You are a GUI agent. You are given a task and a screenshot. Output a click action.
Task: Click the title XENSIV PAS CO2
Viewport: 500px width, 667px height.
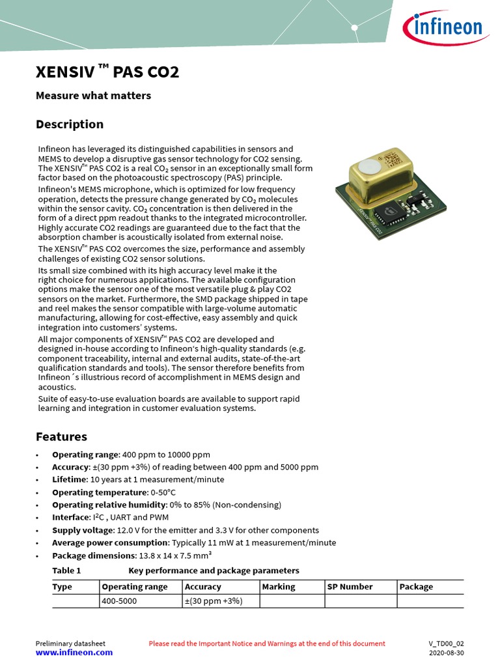(107, 72)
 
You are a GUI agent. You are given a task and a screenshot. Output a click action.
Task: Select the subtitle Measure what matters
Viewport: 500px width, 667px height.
(93, 96)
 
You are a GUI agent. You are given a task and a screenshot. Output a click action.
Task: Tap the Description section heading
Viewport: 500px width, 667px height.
(69, 124)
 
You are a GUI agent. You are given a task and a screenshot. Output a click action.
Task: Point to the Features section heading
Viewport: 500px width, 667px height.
(61, 436)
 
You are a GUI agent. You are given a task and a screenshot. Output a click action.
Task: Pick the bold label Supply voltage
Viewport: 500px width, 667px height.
(82, 530)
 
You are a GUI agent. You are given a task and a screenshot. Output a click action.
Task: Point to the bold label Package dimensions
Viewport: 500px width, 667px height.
(94, 556)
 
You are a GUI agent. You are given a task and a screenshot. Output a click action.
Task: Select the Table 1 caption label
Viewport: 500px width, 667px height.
(66, 571)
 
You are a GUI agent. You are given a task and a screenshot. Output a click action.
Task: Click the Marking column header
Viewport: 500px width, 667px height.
(278, 587)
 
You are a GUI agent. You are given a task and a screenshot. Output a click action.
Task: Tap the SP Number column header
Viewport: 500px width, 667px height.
(350, 587)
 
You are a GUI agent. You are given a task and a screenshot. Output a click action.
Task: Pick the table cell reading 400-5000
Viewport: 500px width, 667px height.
(119, 601)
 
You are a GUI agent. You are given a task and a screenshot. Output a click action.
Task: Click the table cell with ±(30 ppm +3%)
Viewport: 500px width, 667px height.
(214, 601)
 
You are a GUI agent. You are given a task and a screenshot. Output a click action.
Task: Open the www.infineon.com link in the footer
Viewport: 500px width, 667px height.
(74, 653)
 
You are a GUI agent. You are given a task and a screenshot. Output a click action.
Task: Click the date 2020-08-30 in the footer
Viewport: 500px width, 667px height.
(446, 653)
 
